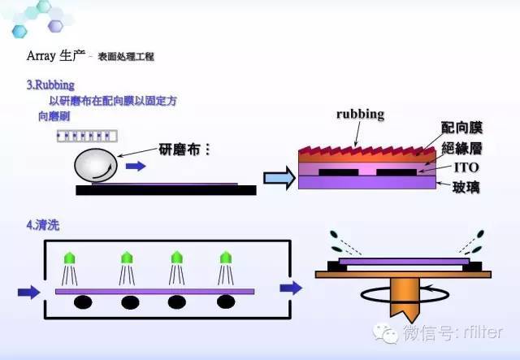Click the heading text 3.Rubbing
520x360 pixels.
point(50,84)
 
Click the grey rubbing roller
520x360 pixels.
point(95,167)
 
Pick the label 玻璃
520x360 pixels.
point(460,186)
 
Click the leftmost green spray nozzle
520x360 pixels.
point(71,259)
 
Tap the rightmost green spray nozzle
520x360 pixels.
point(227,259)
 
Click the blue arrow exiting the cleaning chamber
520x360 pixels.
point(290,288)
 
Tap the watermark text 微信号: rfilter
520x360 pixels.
point(452,332)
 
